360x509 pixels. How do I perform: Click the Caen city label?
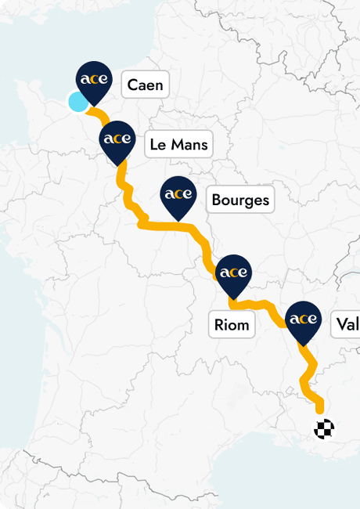point(146,85)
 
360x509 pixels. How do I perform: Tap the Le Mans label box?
point(178,144)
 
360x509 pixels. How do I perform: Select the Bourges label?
point(240,200)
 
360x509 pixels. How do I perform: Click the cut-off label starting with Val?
point(346,323)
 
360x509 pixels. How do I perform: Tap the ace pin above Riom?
point(233,273)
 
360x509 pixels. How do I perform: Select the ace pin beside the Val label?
point(303,319)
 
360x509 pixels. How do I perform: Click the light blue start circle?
point(78,102)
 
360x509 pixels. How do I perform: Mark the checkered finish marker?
point(324,428)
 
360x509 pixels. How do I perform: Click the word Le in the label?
point(157,144)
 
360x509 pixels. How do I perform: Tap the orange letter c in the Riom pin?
point(233,273)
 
